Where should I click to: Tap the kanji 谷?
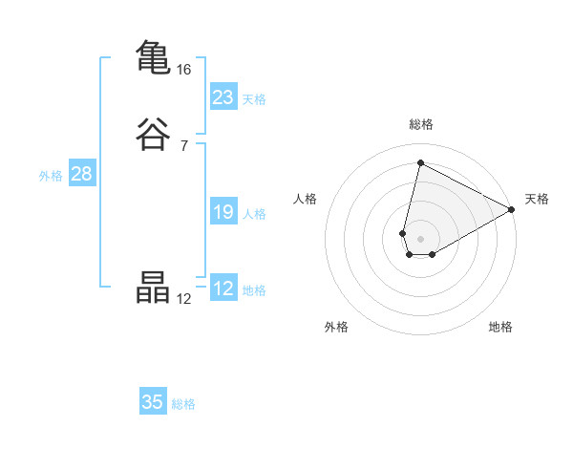click(x=153, y=133)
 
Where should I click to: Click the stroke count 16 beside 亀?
click(x=184, y=70)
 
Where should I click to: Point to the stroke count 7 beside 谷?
click(x=184, y=145)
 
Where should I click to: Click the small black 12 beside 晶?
click(x=184, y=298)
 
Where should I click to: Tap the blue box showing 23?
click(x=223, y=97)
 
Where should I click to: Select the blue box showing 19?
click(x=223, y=212)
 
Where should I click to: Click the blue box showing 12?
click(x=223, y=289)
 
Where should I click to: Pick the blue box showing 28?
click(x=81, y=174)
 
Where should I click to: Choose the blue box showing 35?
click(x=153, y=402)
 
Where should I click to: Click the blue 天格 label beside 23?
click(x=254, y=99)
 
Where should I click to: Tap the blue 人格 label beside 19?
click(x=254, y=214)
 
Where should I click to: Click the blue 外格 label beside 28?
click(x=51, y=176)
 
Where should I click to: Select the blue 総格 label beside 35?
click(x=183, y=404)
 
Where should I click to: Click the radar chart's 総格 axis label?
click(x=420, y=124)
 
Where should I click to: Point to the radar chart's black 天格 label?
click(x=537, y=199)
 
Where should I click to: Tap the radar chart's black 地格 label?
click(x=500, y=327)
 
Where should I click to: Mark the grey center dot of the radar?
click(x=420, y=238)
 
